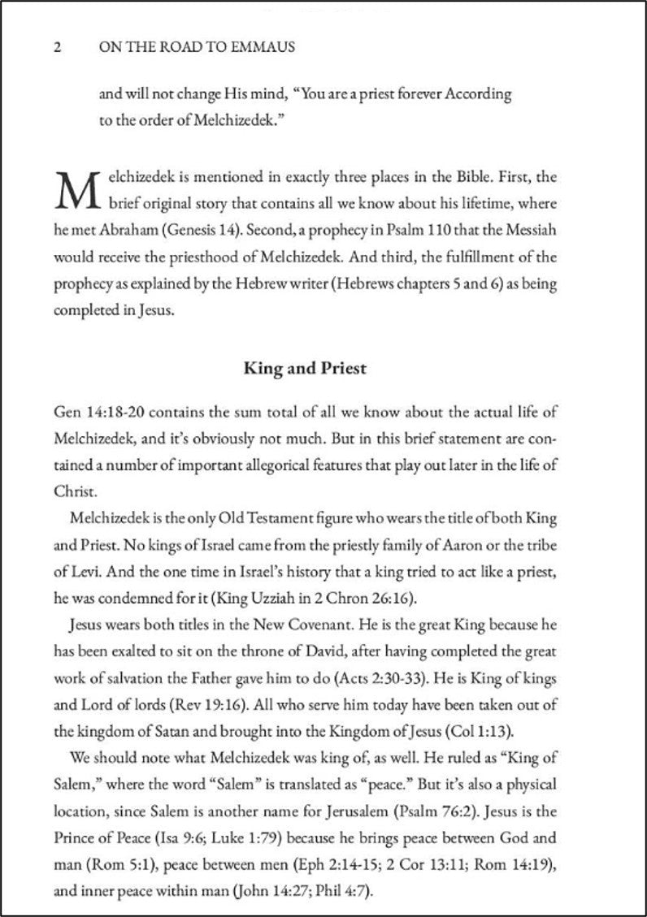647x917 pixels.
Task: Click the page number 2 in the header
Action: tap(57, 48)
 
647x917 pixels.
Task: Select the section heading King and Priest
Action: tap(306, 369)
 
